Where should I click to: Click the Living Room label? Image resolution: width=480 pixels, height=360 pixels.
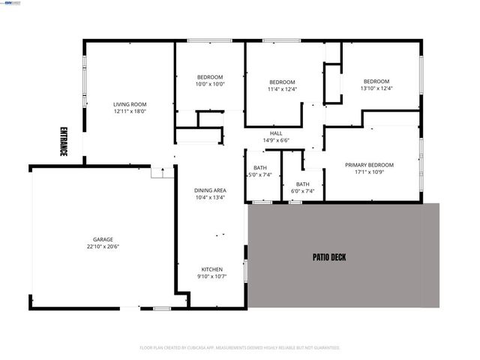pos(130,104)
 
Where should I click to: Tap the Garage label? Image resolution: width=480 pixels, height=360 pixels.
pos(103,239)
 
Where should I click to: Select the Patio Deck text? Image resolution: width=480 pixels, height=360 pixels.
pos(329,257)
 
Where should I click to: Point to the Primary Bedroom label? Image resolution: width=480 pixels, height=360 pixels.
pos(369,165)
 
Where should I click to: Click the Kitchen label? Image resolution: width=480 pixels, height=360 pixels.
pos(211,269)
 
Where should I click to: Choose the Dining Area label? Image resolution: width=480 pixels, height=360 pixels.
pos(211,190)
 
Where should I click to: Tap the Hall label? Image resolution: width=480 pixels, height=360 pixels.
pos(276,133)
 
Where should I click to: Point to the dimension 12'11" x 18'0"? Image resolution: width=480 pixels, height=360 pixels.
pos(130,111)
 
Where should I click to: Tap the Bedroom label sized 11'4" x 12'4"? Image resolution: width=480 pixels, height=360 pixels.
pos(282,82)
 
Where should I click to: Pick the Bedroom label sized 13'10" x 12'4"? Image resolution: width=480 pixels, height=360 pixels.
pos(376,82)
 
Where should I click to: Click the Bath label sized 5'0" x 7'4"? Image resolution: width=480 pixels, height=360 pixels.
pos(259,168)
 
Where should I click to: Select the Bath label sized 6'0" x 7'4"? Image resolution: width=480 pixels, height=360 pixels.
pos(302,184)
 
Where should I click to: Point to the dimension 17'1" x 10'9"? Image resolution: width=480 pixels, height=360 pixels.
pos(369,172)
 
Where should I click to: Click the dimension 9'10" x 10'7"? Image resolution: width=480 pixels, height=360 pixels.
pos(211,276)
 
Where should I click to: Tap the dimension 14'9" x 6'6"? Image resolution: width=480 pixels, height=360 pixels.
pos(276,140)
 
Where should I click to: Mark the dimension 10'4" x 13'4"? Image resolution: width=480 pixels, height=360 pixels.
pos(211,197)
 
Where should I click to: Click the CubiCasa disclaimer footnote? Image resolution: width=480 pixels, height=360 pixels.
pos(240,347)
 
